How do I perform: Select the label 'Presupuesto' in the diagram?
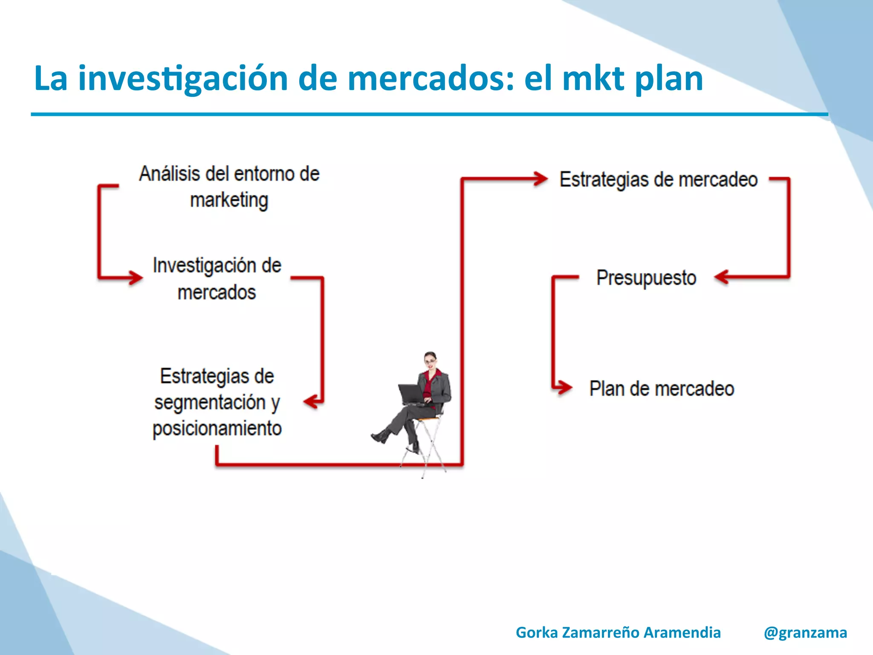click(x=646, y=278)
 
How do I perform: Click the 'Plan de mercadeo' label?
click(x=662, y=389)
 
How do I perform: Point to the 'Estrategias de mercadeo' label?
click(x=659, y=180)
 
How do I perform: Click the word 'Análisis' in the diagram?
click(x=169, y=174)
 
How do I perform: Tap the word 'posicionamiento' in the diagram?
click(x=217, y=429)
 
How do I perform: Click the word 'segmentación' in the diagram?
click(x=210, y=403)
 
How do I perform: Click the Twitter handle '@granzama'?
click(x=805, y=632)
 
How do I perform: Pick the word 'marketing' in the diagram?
click(x=229, y=200)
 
